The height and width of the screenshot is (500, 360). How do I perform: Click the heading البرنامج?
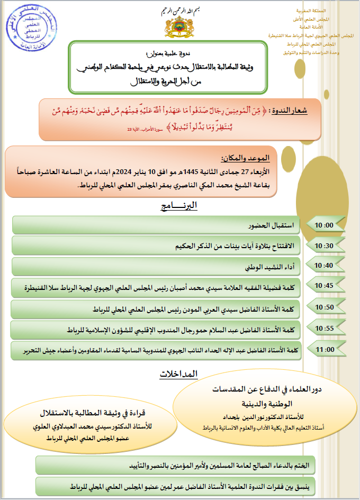[x=180, y=205]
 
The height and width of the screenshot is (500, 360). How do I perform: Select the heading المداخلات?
[x=179, y=374]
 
